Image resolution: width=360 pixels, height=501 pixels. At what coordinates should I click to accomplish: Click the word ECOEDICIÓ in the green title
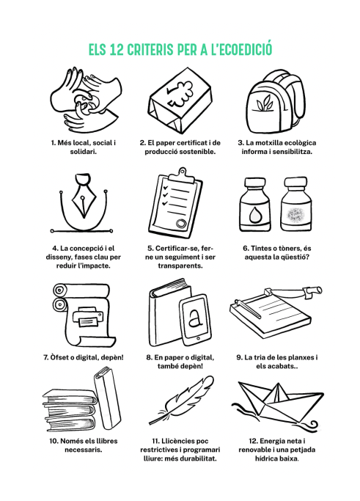coord(245,49)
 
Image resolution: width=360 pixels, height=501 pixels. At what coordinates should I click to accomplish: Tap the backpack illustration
coord(276,102)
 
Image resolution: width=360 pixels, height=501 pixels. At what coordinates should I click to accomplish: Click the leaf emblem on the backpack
coord(263,104)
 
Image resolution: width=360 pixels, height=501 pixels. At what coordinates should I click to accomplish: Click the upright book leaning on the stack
coord(107,398)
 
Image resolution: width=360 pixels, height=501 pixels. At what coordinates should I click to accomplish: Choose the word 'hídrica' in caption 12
coord(266,458)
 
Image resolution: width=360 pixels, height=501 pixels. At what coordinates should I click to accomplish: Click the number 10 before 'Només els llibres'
coord(54,442)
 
